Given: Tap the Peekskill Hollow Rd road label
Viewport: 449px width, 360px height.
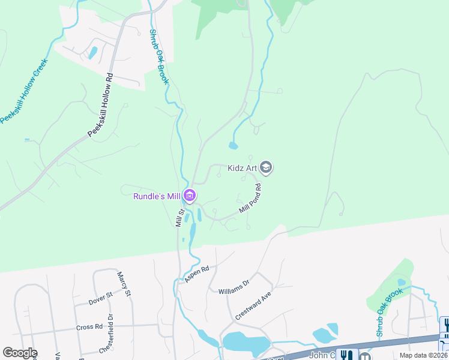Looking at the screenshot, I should [100, 106].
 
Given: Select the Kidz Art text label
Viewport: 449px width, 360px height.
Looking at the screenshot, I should [243, 168].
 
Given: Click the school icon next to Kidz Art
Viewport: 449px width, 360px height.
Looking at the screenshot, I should [267, 167].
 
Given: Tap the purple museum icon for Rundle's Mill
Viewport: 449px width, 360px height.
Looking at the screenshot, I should [190, 195].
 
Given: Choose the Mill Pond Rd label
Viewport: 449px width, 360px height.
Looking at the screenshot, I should [251, 199].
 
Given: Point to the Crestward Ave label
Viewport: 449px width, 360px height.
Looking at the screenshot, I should [253, 306].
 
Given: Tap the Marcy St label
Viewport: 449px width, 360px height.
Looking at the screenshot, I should [124, 284].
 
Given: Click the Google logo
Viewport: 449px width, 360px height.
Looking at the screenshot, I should [20, 353].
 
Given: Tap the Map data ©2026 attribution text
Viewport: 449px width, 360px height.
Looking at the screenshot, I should [424, 355].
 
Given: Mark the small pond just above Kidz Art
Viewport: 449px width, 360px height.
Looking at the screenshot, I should [233, 145].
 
